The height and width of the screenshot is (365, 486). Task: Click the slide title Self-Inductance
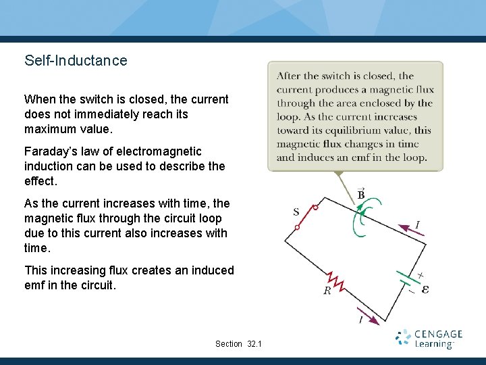[x=76, y=60]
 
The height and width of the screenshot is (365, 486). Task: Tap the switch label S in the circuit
[x=296, y=212]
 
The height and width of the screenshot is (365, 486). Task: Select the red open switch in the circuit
[x=306, y=217]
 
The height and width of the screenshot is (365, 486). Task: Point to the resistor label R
[x=327, y=291]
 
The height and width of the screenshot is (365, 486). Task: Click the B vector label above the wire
[x=361, y=194]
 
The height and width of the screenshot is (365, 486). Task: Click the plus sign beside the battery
[x=421, y=275]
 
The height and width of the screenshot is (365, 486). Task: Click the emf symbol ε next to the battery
[x=425, y=289]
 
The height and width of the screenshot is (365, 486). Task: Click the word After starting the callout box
[x=289, y=76]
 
